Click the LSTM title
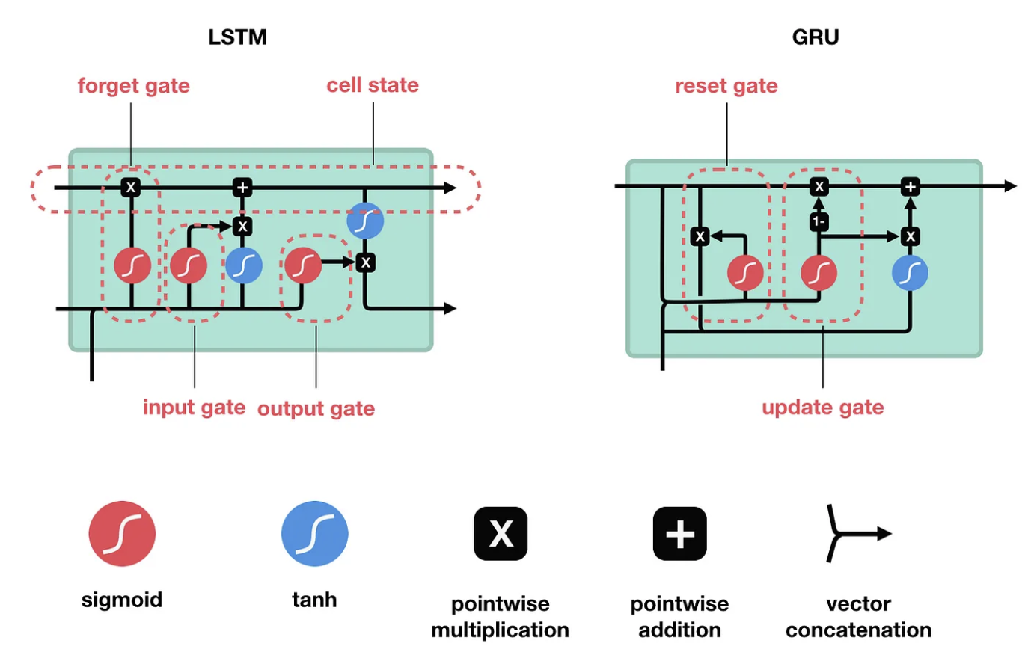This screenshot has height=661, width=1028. click(237, 37)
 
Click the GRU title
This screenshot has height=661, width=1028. click(816, 37)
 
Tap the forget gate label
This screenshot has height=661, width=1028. click(133, 86)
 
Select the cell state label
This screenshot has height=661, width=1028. click(373, 85)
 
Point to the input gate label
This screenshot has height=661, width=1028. click(194, 408)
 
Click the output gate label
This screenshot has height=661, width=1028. click(316, 408)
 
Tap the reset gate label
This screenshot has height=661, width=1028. click(726, 86)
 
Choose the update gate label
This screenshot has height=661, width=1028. click(822, 408)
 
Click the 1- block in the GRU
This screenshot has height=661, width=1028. click(819, 222)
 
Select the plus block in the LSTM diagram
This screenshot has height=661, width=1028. click(242, 187)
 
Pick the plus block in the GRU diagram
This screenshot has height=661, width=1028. click(910, 187)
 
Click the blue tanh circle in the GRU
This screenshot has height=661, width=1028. click(910, 274)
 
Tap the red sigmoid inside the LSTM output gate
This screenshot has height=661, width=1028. click(303, 265)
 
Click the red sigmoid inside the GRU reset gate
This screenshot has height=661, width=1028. click(745, 273)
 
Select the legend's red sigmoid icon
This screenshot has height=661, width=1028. click(122, 534)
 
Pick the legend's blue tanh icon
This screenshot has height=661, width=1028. click(314, 534)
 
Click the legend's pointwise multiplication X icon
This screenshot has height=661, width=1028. click(501, 534)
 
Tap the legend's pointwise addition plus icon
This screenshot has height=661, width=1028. click(679, 534)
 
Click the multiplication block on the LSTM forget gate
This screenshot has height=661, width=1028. click(131, 187)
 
